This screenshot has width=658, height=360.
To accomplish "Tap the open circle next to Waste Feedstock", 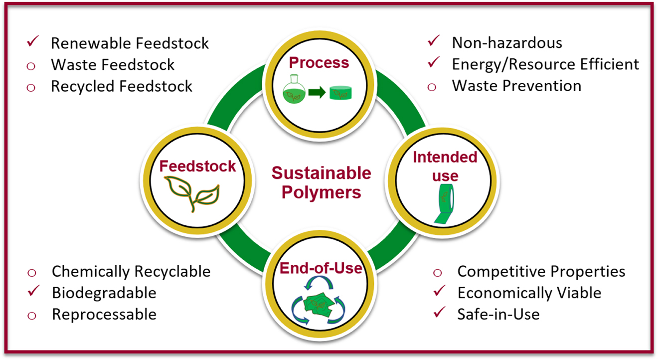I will (31, 65).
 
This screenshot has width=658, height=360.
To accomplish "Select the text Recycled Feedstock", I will (122, 86).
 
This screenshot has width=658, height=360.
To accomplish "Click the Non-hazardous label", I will (507, 43).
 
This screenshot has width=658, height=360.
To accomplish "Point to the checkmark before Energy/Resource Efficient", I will (434, 63).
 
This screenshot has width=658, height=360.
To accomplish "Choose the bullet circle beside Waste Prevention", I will (432, 87).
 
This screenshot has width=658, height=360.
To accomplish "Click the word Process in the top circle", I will (319, 63).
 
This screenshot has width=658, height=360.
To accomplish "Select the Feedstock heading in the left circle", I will (197, 166).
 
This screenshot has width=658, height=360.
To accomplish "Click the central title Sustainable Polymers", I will (322, 182).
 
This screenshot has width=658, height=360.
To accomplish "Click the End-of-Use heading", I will (321, 268).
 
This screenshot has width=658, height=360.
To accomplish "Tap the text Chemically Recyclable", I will (131, 272).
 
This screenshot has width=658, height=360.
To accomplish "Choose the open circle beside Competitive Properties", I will (438, 272).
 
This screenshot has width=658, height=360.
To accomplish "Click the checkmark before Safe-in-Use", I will (439, 314).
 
